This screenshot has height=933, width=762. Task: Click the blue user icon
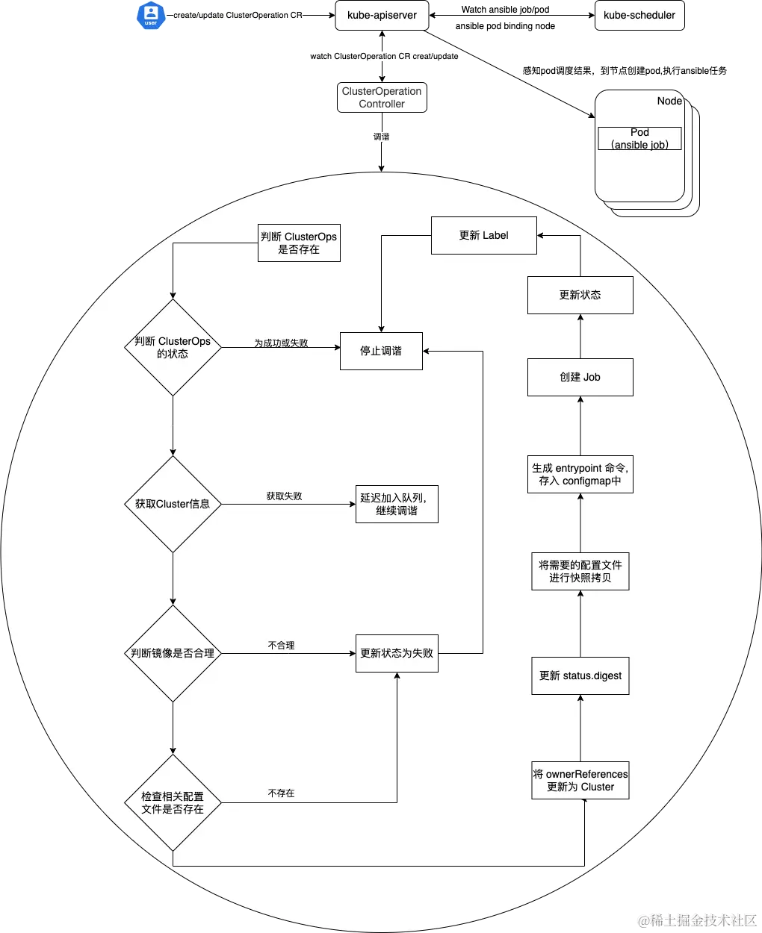tap(151, 15)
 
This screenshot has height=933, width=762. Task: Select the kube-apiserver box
tap(382, 15)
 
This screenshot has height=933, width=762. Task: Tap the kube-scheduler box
tap(639, 15)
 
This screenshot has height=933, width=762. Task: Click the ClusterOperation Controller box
tap(382, 98)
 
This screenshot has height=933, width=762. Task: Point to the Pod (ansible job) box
tap(639, 138)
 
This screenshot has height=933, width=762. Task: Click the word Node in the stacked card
tap(669, 101)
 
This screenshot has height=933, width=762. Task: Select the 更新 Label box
tap(483, 235)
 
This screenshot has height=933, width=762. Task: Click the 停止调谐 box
tap(381, 351)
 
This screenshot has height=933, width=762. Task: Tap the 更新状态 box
tap(580, 295)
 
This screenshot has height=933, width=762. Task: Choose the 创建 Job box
tap(580, 377)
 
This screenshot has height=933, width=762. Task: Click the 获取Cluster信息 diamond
tap(173, 504)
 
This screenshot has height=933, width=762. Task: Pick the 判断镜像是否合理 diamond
tap(173, 653)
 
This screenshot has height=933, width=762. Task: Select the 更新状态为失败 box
tap(397, 653)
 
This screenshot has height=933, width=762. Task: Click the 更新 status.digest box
tap(580, 675)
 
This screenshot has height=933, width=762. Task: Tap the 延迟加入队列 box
tap(397, 504)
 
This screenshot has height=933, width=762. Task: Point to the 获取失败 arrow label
tap(284, 496)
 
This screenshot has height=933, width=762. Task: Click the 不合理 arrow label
tap(281, 645)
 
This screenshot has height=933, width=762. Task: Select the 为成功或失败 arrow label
tap(281, 343)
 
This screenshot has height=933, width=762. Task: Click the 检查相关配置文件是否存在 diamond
tap(173, 802)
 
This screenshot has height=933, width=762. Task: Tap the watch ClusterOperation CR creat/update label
tap(384, 56)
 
